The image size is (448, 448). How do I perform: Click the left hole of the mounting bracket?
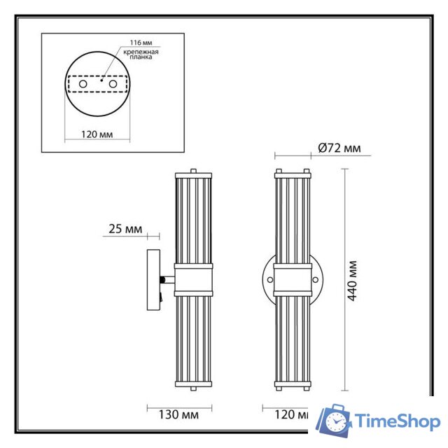(x=83, y=83)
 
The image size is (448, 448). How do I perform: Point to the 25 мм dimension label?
(x=126, y=229)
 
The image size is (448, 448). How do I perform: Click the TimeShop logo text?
(x=398, y=421)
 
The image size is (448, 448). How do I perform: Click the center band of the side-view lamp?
(x=192, y=281)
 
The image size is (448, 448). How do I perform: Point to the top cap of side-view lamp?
(x=192, y=171)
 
